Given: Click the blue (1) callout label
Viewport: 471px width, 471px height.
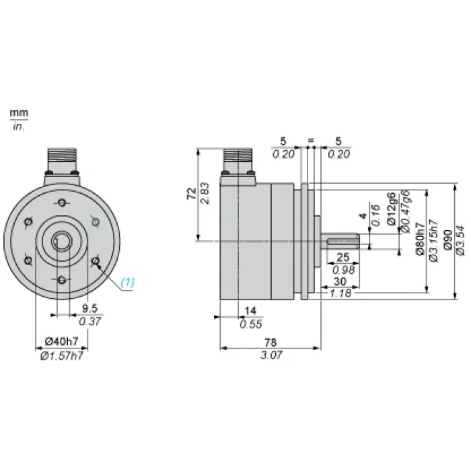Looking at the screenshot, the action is coord(127,283).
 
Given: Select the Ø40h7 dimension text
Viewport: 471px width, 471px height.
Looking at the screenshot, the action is coord(62,341).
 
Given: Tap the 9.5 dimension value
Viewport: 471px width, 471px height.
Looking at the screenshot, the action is coord(89,308).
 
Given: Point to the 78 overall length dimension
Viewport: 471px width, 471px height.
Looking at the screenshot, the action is coord(270,342).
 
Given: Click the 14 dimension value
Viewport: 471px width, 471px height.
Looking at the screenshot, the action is coord(250,311).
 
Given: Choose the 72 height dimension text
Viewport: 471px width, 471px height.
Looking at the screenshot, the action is coord(192,194).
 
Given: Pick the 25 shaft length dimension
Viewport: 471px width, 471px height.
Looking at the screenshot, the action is coord(343,257).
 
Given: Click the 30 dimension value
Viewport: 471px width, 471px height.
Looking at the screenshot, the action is coord(340,281).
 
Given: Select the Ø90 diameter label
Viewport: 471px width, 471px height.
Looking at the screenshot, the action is coord(447,240).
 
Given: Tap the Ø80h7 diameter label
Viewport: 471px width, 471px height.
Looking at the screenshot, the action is coord(421,239).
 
